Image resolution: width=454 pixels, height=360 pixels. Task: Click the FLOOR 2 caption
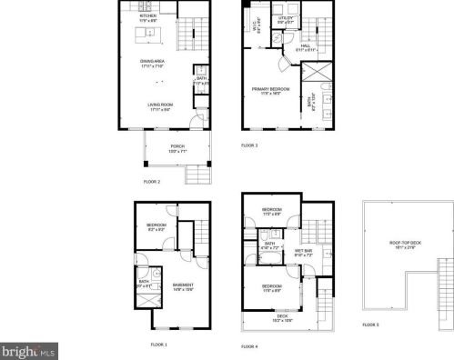coord(152,182)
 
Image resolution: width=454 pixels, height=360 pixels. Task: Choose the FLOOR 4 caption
coord(249,346)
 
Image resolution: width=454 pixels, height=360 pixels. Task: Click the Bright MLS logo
coord(28,349)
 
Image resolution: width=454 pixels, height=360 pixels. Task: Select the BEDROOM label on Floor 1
coord(157,225)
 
